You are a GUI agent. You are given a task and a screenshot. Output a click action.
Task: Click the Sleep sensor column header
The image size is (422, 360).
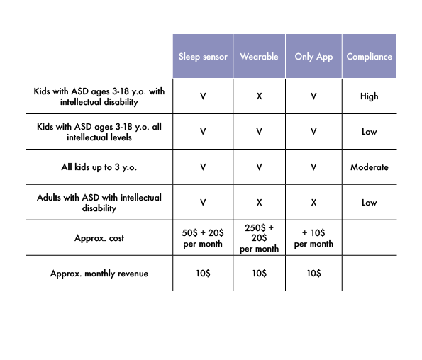203,57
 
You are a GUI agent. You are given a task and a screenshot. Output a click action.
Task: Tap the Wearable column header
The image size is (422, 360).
259,57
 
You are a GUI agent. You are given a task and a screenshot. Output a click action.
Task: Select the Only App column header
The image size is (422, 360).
313,57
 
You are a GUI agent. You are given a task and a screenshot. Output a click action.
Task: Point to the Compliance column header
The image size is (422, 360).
370,57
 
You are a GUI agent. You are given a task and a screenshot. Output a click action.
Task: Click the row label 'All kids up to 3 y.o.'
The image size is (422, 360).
99,167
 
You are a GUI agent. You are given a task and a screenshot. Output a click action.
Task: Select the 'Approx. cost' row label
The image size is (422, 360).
99,238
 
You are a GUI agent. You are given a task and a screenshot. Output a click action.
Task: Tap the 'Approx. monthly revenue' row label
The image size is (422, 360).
99,274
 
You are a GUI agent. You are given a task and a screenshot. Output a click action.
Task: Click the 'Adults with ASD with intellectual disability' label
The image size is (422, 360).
99,203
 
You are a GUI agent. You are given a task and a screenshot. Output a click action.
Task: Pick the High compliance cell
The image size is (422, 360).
370,96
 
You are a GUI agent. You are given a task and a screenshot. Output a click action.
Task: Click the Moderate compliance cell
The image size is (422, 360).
370,167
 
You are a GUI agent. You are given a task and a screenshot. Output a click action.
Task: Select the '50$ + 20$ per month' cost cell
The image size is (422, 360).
203,238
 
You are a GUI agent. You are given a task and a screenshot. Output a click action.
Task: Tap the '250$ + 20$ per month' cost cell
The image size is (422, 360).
259,238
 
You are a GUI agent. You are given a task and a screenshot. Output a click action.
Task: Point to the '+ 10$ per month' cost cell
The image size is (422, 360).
313,238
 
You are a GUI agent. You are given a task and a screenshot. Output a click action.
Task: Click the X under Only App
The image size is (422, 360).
313,203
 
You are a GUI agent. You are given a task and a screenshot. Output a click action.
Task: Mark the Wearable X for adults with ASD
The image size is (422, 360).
259,203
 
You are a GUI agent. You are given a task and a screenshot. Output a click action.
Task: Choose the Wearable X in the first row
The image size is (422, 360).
259,96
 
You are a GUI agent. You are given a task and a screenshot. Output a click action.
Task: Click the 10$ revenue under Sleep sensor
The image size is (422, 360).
203,274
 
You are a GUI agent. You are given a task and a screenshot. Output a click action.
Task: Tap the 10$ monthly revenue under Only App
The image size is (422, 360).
313,274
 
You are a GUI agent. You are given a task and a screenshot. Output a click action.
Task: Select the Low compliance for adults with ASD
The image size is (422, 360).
370,203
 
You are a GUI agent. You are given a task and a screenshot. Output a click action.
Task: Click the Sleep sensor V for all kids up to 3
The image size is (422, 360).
203,167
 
